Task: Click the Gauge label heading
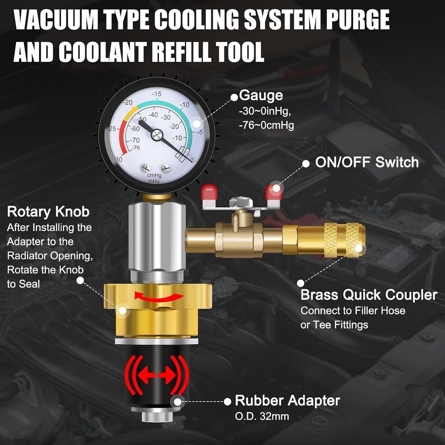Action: (261, 95)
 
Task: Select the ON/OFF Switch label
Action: (367, 162)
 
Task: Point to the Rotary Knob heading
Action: (48, 211)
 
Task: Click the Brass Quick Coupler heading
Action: (369, 295)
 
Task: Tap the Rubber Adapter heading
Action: (287, 400)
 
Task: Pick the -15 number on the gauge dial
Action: (156, 94)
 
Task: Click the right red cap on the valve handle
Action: (273, 192)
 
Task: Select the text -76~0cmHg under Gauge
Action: (266, 125)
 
